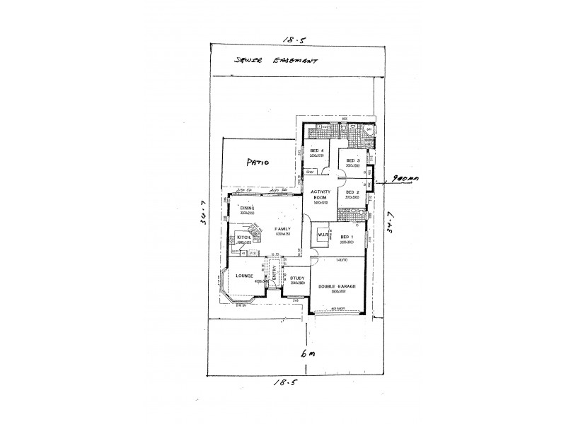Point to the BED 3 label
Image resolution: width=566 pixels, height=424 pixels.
353,161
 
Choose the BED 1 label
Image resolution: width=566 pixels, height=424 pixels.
346,237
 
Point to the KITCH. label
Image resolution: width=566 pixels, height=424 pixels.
244,237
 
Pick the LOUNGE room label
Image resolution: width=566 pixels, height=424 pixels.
244,276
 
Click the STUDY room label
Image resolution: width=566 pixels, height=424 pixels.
296,278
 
